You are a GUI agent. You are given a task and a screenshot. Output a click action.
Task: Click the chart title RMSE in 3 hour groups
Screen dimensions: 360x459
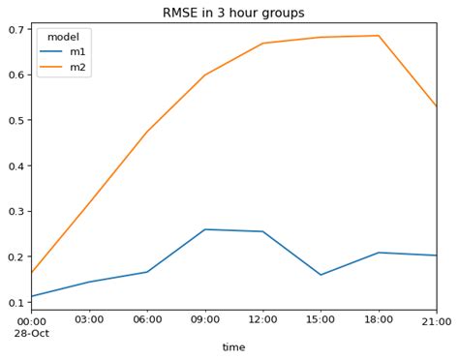[233, 14]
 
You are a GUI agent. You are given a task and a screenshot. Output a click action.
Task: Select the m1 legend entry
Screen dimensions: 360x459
[77, 51]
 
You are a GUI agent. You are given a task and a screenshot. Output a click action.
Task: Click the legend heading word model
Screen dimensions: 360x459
[63, 37]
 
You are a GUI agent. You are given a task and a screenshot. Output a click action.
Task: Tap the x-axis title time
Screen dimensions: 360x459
[233, 347]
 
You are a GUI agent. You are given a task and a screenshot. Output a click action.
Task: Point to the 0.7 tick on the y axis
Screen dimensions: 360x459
[15, 29]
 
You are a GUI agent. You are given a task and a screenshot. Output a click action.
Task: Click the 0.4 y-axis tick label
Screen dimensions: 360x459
[15, 165]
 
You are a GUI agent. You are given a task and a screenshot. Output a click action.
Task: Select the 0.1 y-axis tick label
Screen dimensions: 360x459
[15, 302]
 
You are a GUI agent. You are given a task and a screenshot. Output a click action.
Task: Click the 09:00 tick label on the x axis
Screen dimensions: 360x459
[204, 320]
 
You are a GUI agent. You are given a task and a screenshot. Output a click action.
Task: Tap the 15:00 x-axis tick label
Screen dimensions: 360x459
[321, 320]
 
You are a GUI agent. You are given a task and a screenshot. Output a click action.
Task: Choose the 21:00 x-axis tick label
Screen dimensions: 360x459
[436, 320]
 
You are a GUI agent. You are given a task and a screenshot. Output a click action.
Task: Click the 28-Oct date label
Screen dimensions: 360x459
[31, 333]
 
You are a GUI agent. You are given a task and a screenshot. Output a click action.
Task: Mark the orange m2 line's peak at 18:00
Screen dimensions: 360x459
[379, 36]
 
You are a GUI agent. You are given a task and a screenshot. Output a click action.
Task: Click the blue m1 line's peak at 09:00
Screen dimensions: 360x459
[204, 229]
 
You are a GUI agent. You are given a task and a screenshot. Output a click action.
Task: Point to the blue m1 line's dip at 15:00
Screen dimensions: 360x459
[321, 275]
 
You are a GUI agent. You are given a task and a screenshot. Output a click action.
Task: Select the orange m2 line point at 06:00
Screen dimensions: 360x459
[147, 132]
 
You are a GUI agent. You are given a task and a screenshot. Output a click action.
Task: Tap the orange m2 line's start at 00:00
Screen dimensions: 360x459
[32, 273]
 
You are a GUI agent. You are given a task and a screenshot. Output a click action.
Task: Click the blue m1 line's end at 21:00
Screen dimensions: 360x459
[436, 255]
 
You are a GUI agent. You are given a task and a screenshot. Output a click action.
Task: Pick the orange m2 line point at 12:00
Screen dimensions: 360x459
[262, 44]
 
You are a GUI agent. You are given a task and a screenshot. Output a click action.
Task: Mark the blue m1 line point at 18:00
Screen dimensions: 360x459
[379, 253]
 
